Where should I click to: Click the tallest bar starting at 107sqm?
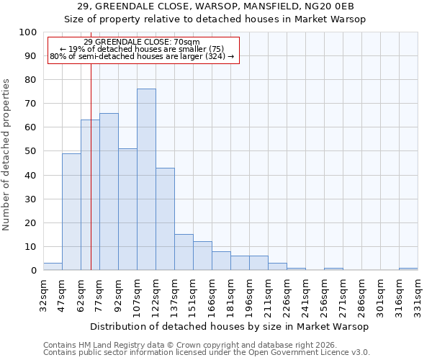point(146,179)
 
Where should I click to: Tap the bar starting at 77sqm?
point(109,192)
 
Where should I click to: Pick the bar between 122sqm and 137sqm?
point(165,219)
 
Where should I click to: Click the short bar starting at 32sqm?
point(53,266)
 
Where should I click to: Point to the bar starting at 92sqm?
point(127,210)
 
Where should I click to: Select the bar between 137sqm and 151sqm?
point(184,252)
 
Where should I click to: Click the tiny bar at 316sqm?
point(408,269)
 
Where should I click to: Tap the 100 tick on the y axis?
point(27,32)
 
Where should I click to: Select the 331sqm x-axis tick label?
point(418,295)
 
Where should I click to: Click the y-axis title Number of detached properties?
point(6,154)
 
